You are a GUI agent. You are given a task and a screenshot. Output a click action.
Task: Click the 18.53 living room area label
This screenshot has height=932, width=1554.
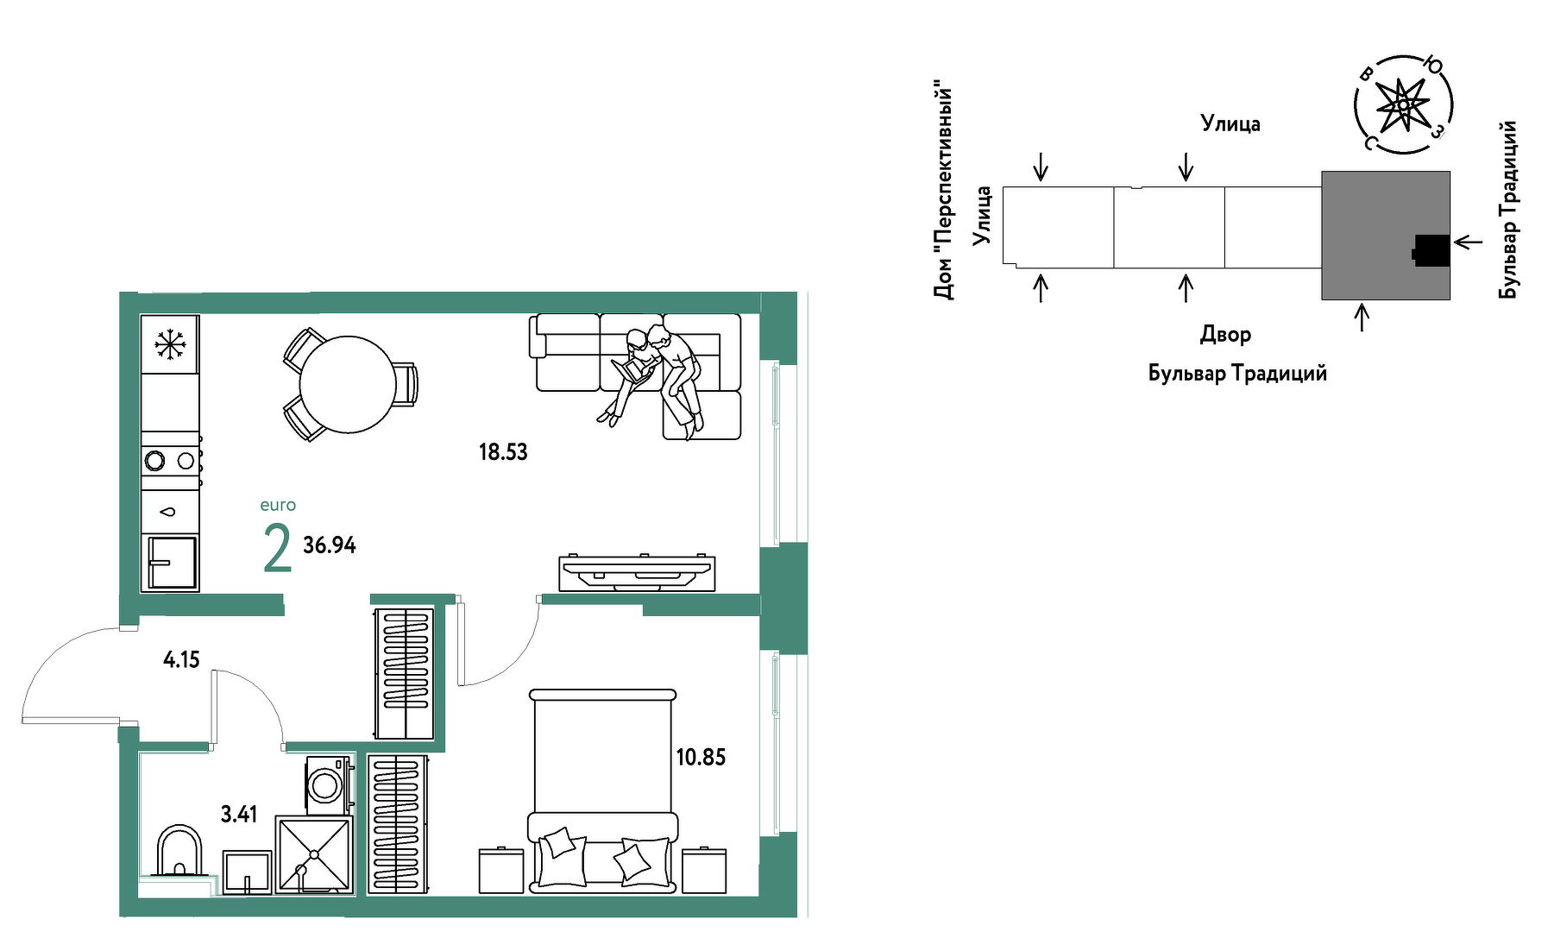pos(503,451)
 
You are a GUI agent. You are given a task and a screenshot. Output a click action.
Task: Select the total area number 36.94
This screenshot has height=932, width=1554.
pos(330,545)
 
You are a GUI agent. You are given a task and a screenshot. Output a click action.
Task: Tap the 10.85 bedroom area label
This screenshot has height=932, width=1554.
pos(701,757)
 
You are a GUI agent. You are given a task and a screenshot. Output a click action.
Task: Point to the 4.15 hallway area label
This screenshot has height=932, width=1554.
pos(181,660)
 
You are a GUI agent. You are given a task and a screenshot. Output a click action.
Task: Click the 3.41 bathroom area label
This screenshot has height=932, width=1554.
pos(239,814)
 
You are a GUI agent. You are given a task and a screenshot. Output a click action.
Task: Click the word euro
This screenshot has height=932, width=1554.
pos(278,506)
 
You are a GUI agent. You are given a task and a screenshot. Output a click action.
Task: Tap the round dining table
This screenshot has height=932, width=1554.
pos(348,384)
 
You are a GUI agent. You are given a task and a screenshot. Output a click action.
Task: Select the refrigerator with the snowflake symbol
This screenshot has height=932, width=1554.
pos(170,344)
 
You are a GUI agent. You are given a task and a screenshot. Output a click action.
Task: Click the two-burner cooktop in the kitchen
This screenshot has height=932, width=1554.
pos(171,461)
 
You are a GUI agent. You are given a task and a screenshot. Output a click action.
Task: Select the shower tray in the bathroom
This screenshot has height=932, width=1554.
pos(314,855)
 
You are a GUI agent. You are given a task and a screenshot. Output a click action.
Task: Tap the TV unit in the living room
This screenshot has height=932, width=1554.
pos(637,572)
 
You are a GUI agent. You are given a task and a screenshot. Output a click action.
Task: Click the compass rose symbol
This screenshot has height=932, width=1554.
pos(1403,104)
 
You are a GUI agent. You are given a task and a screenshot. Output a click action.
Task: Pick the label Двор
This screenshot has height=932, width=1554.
pos(1225,335)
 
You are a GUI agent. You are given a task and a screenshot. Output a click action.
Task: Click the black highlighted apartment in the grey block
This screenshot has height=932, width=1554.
pos(1431,251)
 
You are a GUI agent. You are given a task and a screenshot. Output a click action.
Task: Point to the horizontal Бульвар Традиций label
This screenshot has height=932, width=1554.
pos(1237,374)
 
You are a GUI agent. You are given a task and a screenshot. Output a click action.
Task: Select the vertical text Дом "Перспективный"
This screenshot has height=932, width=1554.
pos(945,189)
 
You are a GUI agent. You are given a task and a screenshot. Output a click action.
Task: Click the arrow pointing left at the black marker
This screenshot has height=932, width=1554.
pos(1469,242)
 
